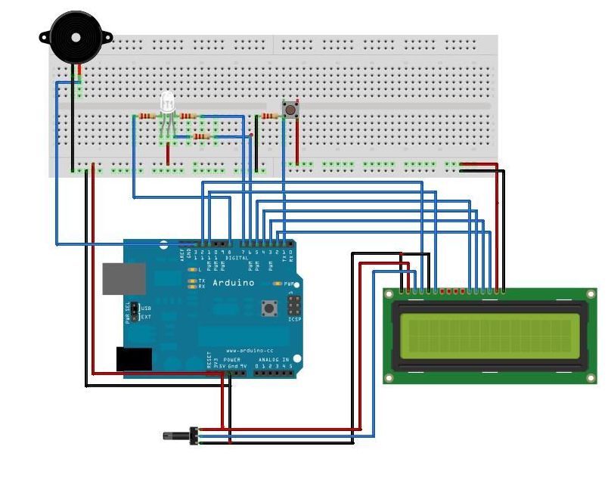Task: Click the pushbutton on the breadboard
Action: (289, 110)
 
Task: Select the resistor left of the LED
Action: (146, 116)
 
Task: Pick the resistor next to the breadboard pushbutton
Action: (268, 116)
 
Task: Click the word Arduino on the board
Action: (233, 283)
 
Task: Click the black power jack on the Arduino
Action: (133, 358)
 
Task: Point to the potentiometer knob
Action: (178, 436)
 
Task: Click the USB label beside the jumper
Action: (146, 309)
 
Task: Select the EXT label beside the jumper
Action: (146, 317)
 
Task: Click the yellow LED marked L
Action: (193, 270)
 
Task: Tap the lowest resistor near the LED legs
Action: (200, 136)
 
